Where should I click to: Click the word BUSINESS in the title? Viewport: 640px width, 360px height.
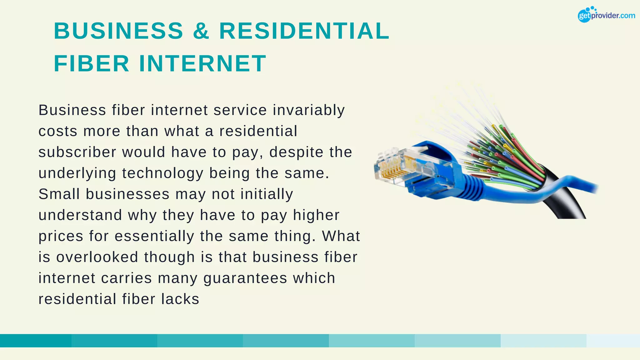click(x=118, y=31)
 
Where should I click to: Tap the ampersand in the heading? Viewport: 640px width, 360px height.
click(x=201, y=31)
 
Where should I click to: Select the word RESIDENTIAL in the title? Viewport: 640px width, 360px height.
click(x=304, y=31)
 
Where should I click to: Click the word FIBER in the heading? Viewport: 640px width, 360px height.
click(x=92, y=63)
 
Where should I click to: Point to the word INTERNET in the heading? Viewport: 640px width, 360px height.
click(x=202, y=63)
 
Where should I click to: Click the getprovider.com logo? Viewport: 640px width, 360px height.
click(x=606, y=15)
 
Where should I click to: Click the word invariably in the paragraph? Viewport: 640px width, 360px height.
click(x=309, y=110)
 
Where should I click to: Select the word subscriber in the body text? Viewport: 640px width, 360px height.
click(x=77, y=152)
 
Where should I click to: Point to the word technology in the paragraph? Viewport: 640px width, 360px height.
click(x=162, y=173)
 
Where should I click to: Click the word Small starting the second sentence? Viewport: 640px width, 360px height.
click(x=59, y=194)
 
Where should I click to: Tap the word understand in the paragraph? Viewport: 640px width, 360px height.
click(x=80, y=215)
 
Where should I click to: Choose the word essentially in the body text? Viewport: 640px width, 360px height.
click(x=154, y=236)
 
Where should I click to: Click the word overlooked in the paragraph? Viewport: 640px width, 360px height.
click(x=97, y=257)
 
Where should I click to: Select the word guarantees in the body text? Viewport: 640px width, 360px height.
click(x=245, y=278)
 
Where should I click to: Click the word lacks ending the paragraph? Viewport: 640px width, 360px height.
click(x=180, y=299)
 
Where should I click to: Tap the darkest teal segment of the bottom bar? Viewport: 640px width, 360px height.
click(x=36, y=341)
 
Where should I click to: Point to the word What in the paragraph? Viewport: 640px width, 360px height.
click(x=341, y=236)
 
